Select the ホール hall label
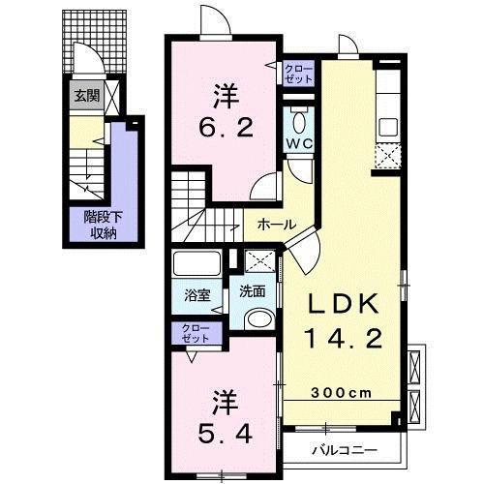pos(277,224)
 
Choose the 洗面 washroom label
pos(255,291)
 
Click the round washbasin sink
pos(258,321)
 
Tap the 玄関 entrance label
pos(88,96)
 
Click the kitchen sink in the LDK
pos(387,126)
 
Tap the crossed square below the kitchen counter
pos(387,154)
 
